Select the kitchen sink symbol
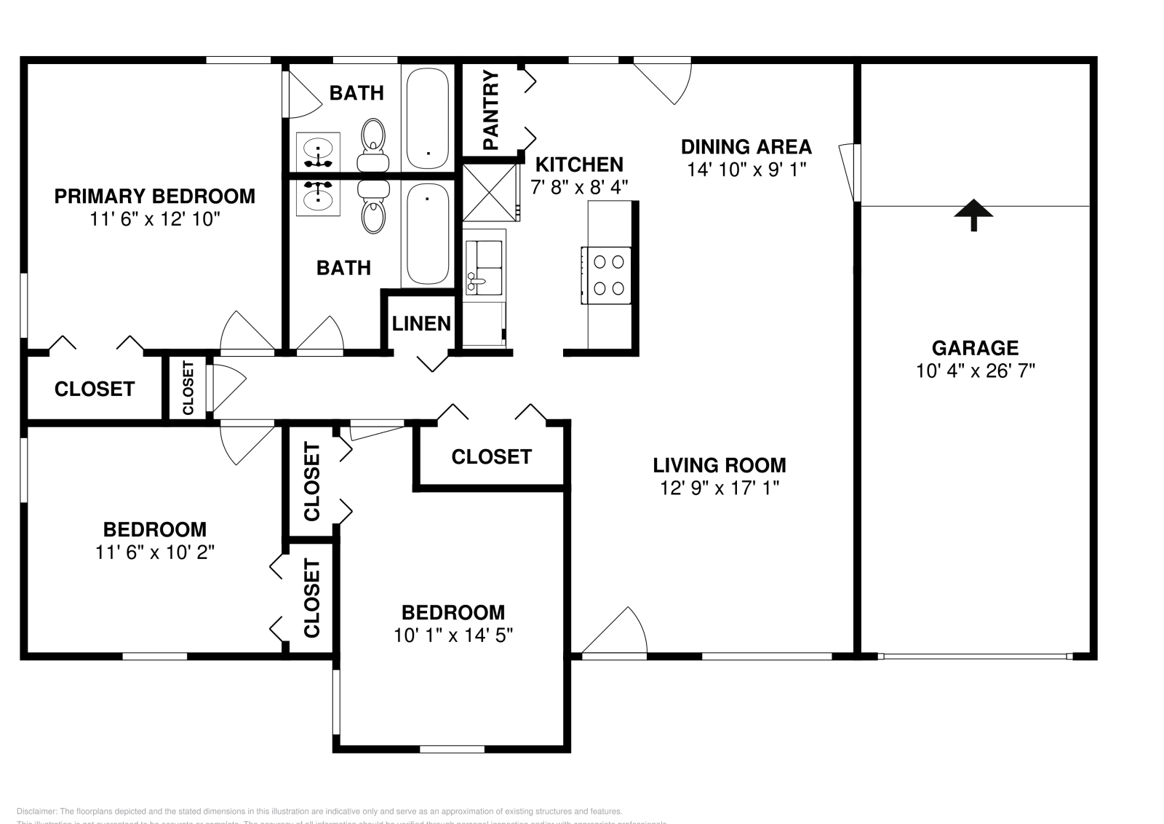(484, 267)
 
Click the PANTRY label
(491, 110)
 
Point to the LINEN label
(421, 323)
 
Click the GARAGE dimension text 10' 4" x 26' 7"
(975, 371)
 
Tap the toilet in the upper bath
(373, 138)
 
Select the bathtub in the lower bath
(427, 234)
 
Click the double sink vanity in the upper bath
(318, 151)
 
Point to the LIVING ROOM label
(719, 464)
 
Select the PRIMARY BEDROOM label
(155, 196)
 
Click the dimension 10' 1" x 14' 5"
(453, 635)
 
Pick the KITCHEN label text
(579, 165)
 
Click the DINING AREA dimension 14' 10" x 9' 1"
(746, 170)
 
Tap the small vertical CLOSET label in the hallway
(188, 387)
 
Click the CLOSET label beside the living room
(491, 456)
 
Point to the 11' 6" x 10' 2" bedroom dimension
(155, 552)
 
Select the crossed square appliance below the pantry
(490, 193)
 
